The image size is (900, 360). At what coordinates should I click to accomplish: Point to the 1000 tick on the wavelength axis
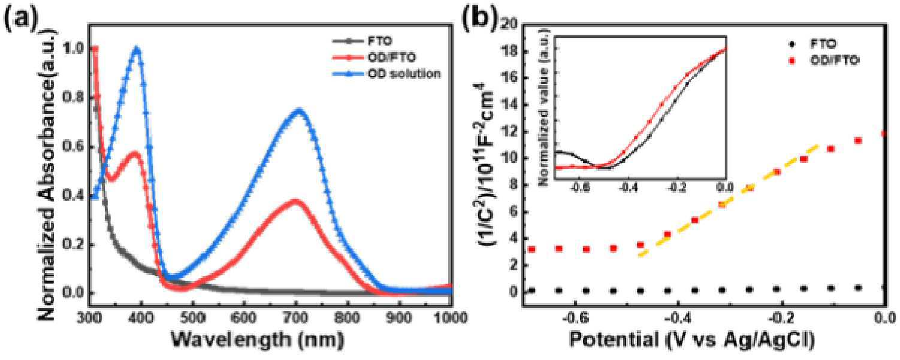(441, 316)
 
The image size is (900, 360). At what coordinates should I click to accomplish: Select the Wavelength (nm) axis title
(257, 340)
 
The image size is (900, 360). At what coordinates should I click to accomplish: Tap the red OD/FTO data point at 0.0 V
(883, 134)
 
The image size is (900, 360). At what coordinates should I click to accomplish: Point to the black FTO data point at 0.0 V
(883, 288)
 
